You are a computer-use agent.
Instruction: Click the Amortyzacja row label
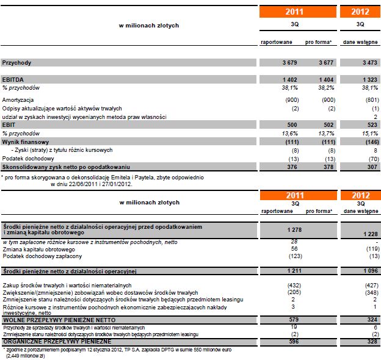pyautogui.click(x=18, y=99)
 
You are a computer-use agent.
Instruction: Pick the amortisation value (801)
pyautogui.click(x=371, y=99)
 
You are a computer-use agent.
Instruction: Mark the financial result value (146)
pyautogui.click(x=371, y=141)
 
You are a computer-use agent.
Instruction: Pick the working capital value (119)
pyautogui.click(x=371, y=250)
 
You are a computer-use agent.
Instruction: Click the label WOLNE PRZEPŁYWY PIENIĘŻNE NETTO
pyautogui.click(x=50, y=319)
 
